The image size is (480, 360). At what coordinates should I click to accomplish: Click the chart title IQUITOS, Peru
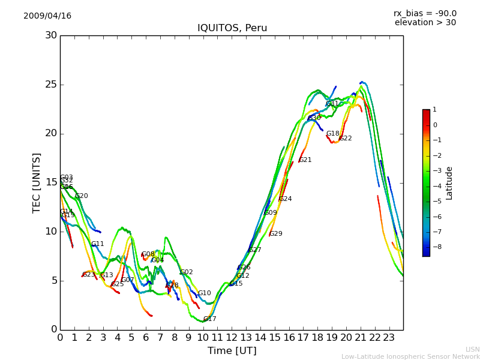232,28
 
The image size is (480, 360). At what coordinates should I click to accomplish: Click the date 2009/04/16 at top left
47,16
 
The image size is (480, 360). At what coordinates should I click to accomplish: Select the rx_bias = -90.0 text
425,13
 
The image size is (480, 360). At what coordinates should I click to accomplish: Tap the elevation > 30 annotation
425,23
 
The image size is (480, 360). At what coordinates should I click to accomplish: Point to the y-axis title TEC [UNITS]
37,182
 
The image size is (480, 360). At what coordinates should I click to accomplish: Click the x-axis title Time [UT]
232,350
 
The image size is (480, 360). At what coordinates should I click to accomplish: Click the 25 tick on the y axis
50,85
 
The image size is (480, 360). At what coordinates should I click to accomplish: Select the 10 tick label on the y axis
50,232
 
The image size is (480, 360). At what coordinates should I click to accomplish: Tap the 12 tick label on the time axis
232,337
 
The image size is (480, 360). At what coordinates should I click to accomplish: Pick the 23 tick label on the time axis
389,337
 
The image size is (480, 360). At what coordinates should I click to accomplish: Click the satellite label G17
209,319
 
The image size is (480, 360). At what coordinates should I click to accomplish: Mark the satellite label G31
332,104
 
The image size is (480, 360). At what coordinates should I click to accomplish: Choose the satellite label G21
305,160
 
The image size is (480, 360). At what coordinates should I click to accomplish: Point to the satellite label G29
275,234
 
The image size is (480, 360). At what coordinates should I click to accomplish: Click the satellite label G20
82,196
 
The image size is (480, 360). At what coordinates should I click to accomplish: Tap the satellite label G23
89,275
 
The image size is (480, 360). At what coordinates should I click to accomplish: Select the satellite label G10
205,293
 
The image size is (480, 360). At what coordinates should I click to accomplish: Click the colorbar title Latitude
449,183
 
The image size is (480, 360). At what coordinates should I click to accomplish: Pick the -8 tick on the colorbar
435,247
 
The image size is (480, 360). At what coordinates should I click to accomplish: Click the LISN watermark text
472,349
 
